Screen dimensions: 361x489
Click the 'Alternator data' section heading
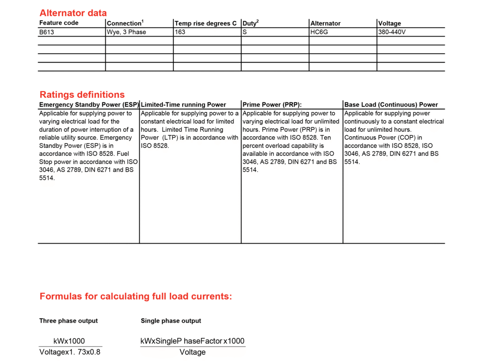click(x=73, y=13)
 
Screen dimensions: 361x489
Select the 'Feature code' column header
click(x=59, y=23)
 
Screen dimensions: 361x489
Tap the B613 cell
click(x=47, y=32)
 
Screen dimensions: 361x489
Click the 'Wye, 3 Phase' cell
click(x=126, y=32)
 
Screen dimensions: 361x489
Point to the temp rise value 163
click(x=180, y=32)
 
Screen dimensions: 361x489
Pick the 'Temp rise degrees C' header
click(x=205, y=23)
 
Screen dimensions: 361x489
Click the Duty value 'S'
click(x=245, y=32)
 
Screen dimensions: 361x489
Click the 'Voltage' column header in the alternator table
click(x=390, y=23)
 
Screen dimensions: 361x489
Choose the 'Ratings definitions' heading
click(x=82, y=95)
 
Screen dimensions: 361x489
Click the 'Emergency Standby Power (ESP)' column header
click(x=89, y=105)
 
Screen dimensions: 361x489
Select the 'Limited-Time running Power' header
click(x=183, y=105)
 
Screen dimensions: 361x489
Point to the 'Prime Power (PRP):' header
click(x=272, y=105)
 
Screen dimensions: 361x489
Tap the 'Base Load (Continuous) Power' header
click(x=391, y=105)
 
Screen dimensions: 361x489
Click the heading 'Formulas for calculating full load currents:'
click(x=136, y=296)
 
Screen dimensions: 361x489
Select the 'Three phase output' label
click(x=68, y=321)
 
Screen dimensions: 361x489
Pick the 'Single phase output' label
click(x=171, y=321)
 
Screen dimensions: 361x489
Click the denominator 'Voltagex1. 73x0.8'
click(x=70, y=352)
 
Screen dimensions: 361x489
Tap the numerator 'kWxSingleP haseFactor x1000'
click(x=193, y=341)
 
